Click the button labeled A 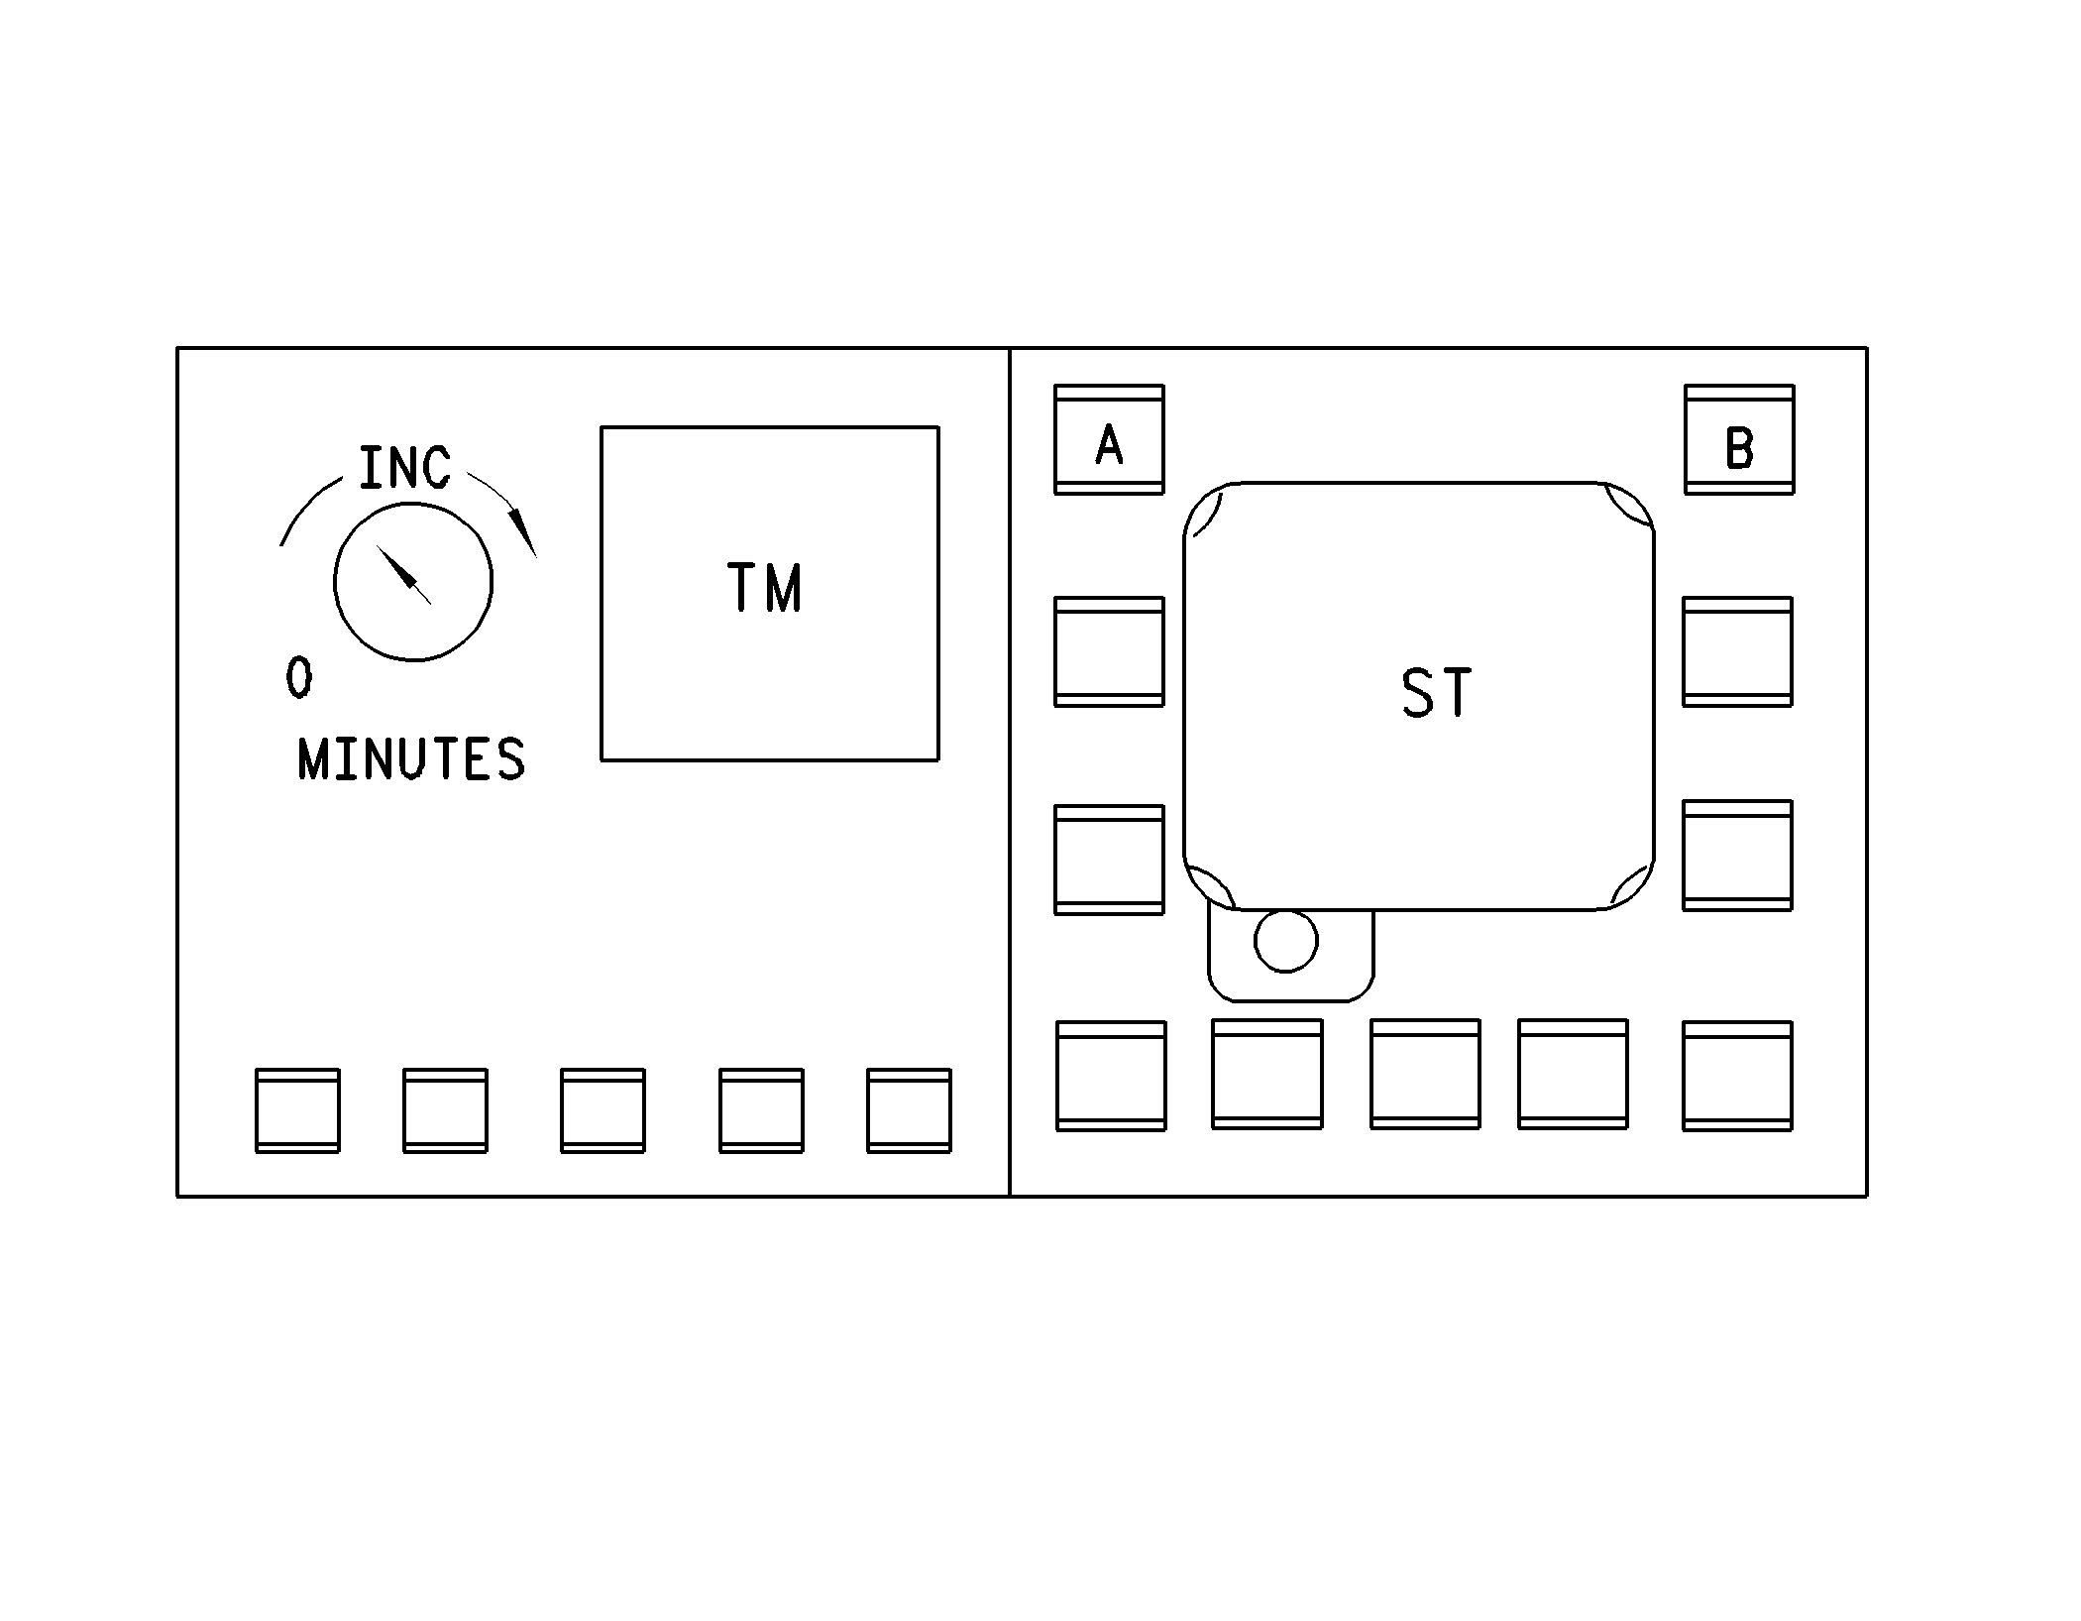pos(1109,439)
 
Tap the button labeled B pos(1739,439)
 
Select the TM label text pos(764,587)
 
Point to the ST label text pos(1436,692)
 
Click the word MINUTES pos(411,759)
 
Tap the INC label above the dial pos(404,468)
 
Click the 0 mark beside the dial pos(298,678)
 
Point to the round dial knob pos(413,581)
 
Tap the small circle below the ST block pos(1286,940)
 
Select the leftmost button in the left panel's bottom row pos(297,1110)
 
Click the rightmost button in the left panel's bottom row pos(909,1110)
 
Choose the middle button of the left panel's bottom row pos(602,1110)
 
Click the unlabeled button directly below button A pos(1109,651)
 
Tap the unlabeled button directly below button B pos(1737,651)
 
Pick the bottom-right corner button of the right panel pos(1737,1076)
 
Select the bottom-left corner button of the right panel pos(1111,1076)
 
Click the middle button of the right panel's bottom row pos(1425,1074)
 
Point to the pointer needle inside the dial pos(403,574)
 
